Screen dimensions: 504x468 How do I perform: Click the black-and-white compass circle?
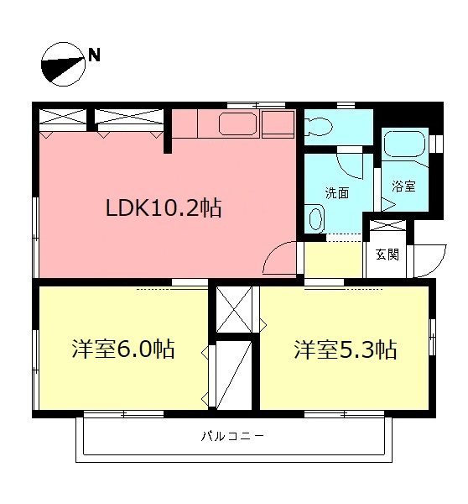pyautogui.click(x=63, y=65)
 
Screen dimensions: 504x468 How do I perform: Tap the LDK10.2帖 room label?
pyautogui.click(x=163, y=207)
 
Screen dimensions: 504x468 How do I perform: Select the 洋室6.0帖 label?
pyautogui.click(x=122, y=349)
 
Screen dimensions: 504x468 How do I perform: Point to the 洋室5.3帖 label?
pyautogui.click(x=345, y=349)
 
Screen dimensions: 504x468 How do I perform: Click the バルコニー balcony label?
pyautogui.click(x=233, y=437)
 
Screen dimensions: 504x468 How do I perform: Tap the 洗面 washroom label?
pyautogui.click(x=338, y=192)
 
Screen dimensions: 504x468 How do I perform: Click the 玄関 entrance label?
pyautogui.click(x=387, y=254)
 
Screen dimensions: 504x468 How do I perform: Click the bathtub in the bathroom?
pyautogui.click(x=406, y=148)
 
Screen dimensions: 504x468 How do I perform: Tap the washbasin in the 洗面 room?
pyautogui.click(x=315, y=220)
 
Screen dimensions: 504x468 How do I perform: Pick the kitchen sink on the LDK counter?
pyautogui.click(x=238, y=125)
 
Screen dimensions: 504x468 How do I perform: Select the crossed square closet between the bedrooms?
pyautogui.click(x=234, y=309)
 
